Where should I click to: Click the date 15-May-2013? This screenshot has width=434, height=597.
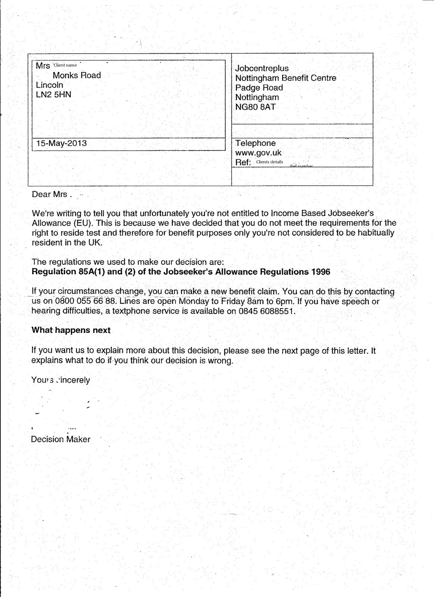point(62,143)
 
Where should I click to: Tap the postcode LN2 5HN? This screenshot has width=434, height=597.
point(53,95)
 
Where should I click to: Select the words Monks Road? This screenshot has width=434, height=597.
point(77,75)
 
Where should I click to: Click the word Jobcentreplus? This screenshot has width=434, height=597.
point(262,69)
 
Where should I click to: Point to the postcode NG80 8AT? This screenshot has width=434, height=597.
point(255,107)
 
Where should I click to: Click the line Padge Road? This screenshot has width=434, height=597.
point(259,88)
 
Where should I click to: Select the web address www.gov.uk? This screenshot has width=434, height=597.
point(258,153)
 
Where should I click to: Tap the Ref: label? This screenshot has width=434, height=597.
point(243,162)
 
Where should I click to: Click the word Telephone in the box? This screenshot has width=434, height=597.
point(256,143)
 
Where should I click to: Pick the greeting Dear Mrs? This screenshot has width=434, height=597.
point(49,194)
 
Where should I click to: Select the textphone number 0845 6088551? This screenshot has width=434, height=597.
point(266,311)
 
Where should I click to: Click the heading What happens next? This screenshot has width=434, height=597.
point(71,330)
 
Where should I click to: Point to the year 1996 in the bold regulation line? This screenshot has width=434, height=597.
point(321,272)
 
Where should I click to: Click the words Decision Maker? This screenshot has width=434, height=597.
point(60,440)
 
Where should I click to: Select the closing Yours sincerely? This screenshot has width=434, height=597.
point(61,380)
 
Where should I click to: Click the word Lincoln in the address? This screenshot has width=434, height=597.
point(50,85)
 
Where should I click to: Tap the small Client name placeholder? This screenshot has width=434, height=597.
point(66,65)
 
